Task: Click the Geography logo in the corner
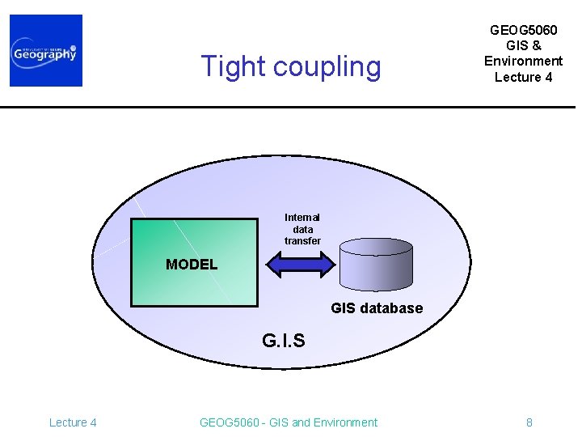(x=46, y=50)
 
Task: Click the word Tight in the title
(x=233, y=66)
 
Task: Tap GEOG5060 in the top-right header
(x=523, y=30)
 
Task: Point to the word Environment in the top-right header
(x=523, y=61)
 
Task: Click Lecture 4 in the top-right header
(x=523, y=77)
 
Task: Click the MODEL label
(x=192, y=265)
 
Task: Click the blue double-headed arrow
(x=300, y=265)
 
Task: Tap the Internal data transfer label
(x=302, y=229)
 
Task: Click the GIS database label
(x=377, y=308)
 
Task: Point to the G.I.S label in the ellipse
(x=284, y=341)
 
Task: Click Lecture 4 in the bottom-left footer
(x=73, y=422)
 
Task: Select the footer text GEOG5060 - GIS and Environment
(x=288, y=422)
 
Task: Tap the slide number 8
(x=529, y=422)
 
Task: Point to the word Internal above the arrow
(x=302, y=217)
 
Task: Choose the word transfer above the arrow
(x=302, y=241)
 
